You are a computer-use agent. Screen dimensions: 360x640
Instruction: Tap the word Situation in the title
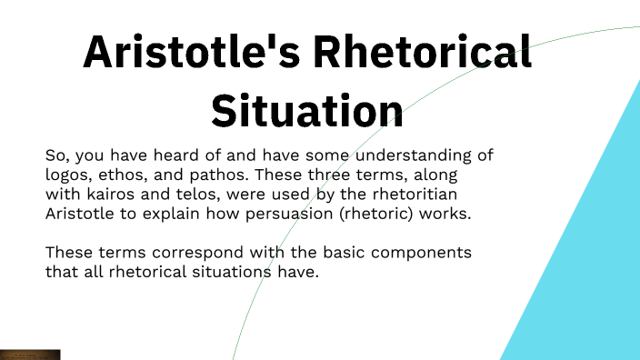pyautogui.click(x=307, y=110)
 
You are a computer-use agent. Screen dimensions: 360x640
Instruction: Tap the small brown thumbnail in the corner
pyautogui.click(x=29, y=355)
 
